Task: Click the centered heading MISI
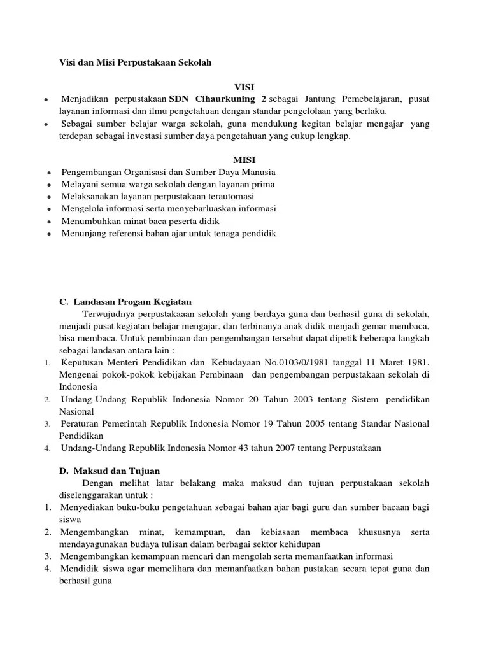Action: click(x=244, y=159)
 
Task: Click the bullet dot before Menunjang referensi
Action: click(x=48, y=234)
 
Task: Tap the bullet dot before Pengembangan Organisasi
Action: click(x=48, y=173)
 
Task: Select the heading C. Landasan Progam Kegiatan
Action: click(x=125, y=301)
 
